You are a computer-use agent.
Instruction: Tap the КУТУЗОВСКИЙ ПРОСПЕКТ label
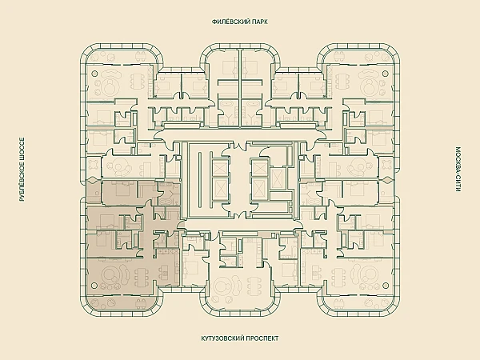click(x=239, y=338)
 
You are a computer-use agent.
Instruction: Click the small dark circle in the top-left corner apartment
click(x=97, y=72)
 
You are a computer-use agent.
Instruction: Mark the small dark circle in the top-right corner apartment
click(x=383, y=72)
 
